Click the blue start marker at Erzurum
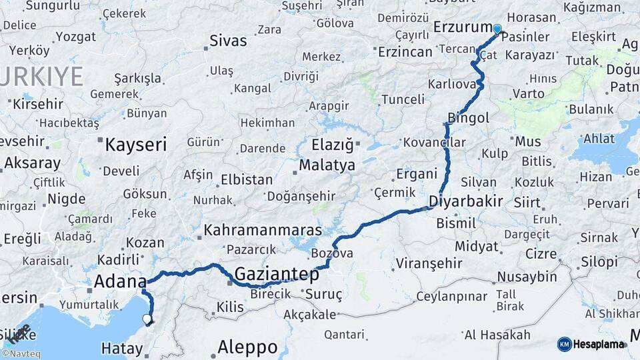point(497,29)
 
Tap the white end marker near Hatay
point(147,319)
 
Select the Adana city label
point(120,281)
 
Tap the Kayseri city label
point(136,143)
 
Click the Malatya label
point(327,165)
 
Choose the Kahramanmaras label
point(263,230)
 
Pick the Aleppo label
point(247,347)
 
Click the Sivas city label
point(228,41)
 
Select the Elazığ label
point(334,144)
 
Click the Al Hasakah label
point(497,335)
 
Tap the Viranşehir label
point(429,263)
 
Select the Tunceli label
point(402,99)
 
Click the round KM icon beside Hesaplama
point(564,344)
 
